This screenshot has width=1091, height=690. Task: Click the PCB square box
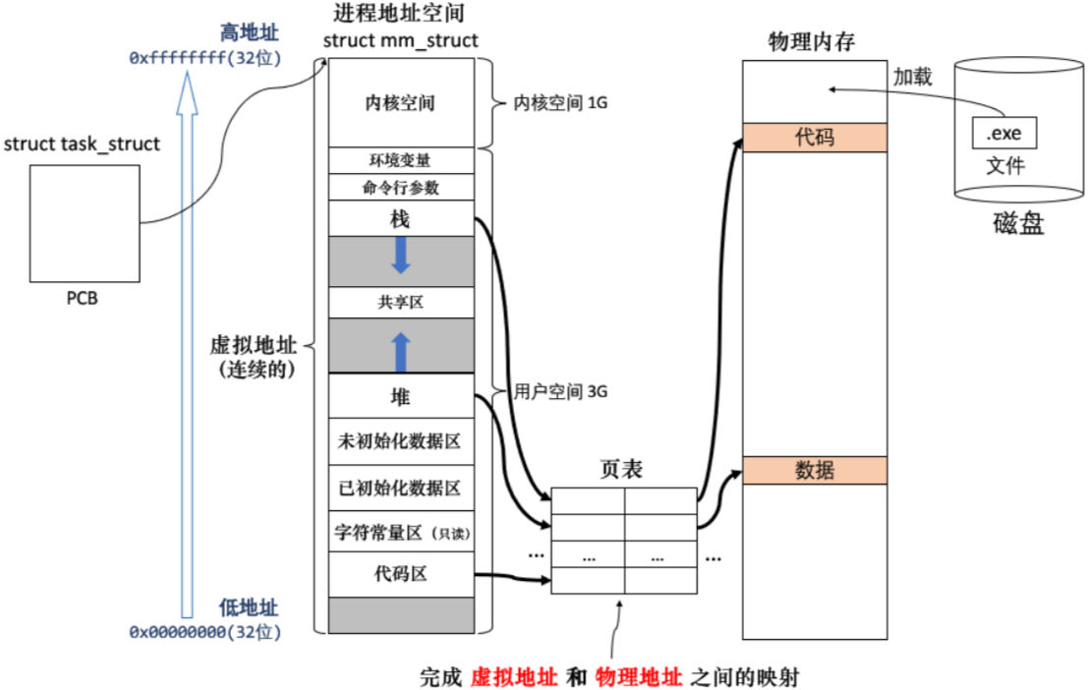click(x=84, y=223)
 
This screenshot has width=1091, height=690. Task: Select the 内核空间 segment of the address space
click(x=400, y=102)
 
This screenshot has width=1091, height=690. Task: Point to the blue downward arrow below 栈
click(x=400, y=255)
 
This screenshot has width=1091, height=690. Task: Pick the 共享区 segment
click(x=400, y=303)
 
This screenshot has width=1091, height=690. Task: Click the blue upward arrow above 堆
click(x=400, y=349)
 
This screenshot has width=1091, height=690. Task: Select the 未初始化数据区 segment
click(x=400, y=442)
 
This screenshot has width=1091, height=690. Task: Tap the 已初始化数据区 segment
click(x=400, y=488)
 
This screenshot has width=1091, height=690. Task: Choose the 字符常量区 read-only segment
click(x=400, y=533)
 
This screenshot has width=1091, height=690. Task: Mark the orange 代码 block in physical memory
click(x=815, y=138)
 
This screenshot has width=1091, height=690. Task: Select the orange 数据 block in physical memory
click(x=815, y=471)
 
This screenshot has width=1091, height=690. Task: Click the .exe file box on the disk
click(x=1004, y=130)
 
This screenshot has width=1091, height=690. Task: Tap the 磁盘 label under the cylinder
click(x=1017, y=225)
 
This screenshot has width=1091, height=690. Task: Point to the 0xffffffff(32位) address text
click(x=205, y=58)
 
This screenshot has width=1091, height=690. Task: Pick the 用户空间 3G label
click(x=561, y=391)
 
